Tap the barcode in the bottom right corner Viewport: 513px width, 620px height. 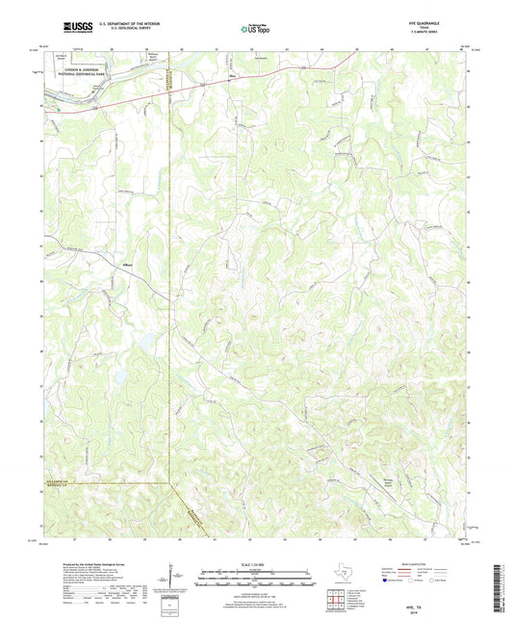pos(500,587)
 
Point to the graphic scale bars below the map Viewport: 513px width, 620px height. pos(255,581)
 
